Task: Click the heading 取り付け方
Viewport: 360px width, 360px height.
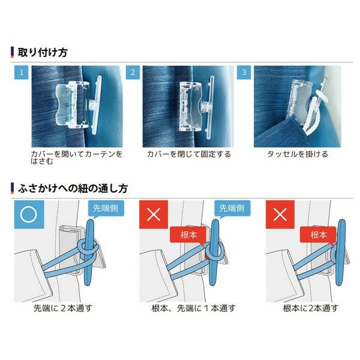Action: pyautogui.click(x=42, y=52)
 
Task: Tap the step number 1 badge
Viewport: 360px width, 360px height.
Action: pyautogui.click(x=22, y=73)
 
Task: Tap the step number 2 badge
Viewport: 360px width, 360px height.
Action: pyautogui.click(x=133, y=73)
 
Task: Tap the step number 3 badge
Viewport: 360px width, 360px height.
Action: pyautogui.click(x=244, y=73)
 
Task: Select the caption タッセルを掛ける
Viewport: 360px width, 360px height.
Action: pyautogui.click(x=298, y=154)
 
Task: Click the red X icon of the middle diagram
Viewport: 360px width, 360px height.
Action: pyautogui.click(x=153, y=215)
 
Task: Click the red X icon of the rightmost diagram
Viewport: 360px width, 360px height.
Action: pyautogui.click(x=279, y=215)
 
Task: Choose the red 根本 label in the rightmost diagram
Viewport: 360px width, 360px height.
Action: pyautogui.click(x=318, y=235)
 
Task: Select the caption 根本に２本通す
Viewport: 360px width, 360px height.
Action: pyautogui.click(x=310, y=308)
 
